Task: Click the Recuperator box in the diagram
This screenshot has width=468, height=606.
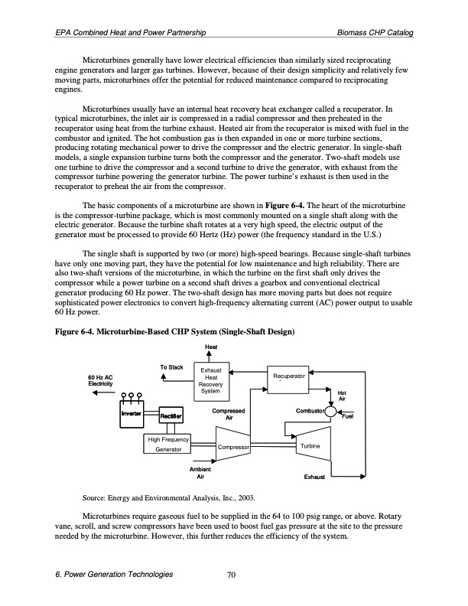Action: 288,379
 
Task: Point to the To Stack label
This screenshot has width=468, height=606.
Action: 171,368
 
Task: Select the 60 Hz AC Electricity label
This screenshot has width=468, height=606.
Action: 101,380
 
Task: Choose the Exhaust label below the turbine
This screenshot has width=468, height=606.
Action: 314,477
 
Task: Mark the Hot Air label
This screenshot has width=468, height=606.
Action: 342,396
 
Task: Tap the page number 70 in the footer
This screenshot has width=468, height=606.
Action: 234,575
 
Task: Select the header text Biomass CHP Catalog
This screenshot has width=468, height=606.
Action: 375,33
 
